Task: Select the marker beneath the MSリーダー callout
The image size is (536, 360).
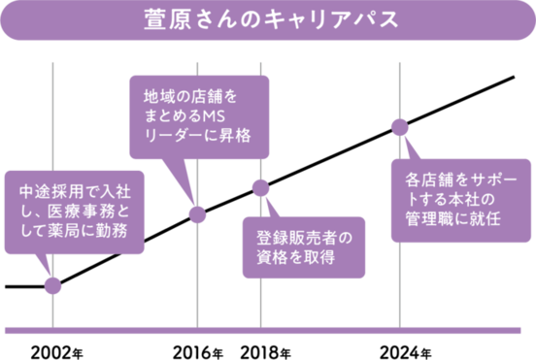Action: point(196,214)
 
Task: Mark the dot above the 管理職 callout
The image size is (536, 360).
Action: point(398,126)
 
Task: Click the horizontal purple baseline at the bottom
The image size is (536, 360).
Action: point(268,329)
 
